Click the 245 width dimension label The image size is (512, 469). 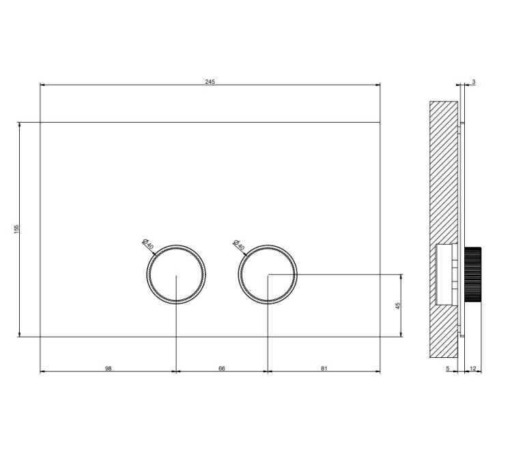tap(210, 82)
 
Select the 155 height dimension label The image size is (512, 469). tap(16, 229)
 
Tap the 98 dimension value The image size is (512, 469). tap(109, 369)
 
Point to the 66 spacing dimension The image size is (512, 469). tap(222, 369)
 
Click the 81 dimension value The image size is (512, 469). tap(324, 369)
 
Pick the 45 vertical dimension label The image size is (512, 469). tap(398, 306)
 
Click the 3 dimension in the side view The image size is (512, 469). tap(474, 82)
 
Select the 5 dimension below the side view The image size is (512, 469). tap(448, 369)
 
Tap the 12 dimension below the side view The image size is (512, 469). tap(473, 369)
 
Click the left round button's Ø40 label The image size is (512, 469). tap(148, 244)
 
